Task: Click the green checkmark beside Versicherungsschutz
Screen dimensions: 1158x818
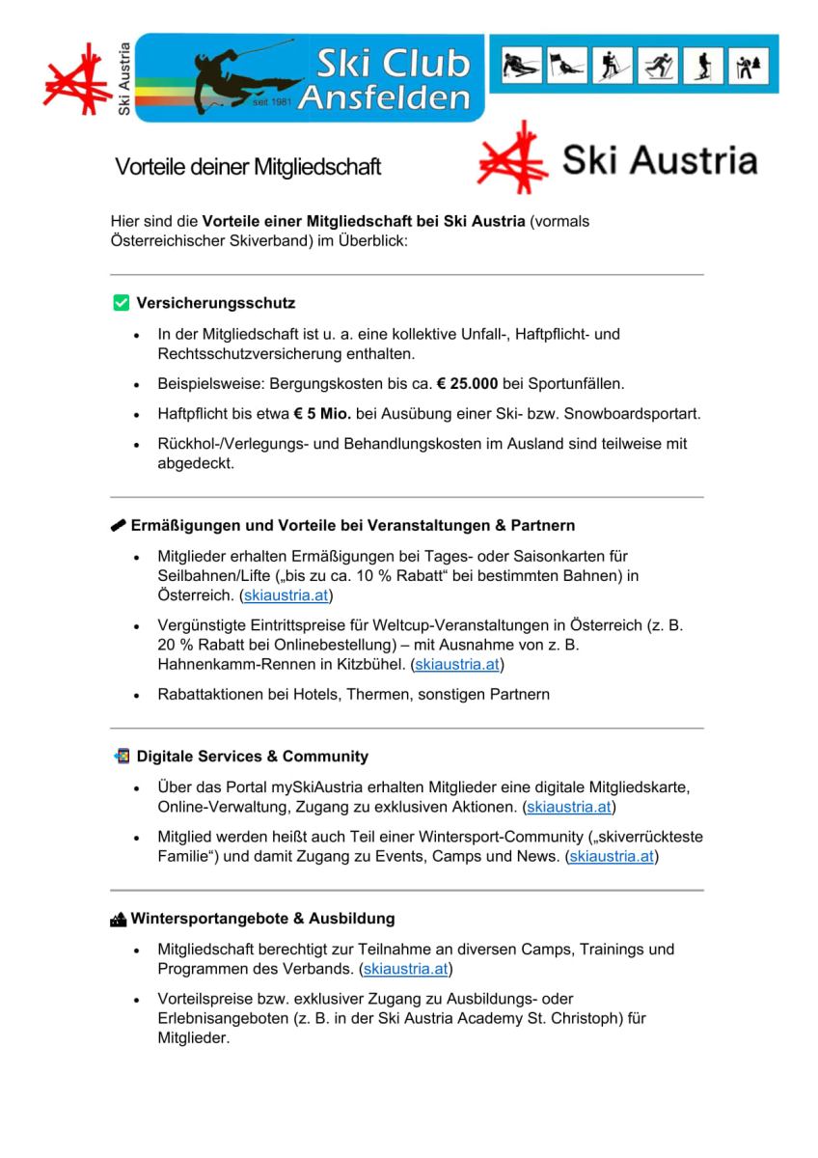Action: (122, 304)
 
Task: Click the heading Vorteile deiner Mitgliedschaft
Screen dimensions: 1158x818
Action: (248, 167)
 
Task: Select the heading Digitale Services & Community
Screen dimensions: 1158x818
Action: (252, 757)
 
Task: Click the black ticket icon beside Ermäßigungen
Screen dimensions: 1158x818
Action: (120, 526)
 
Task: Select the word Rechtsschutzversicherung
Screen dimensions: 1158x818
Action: (254, 354)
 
